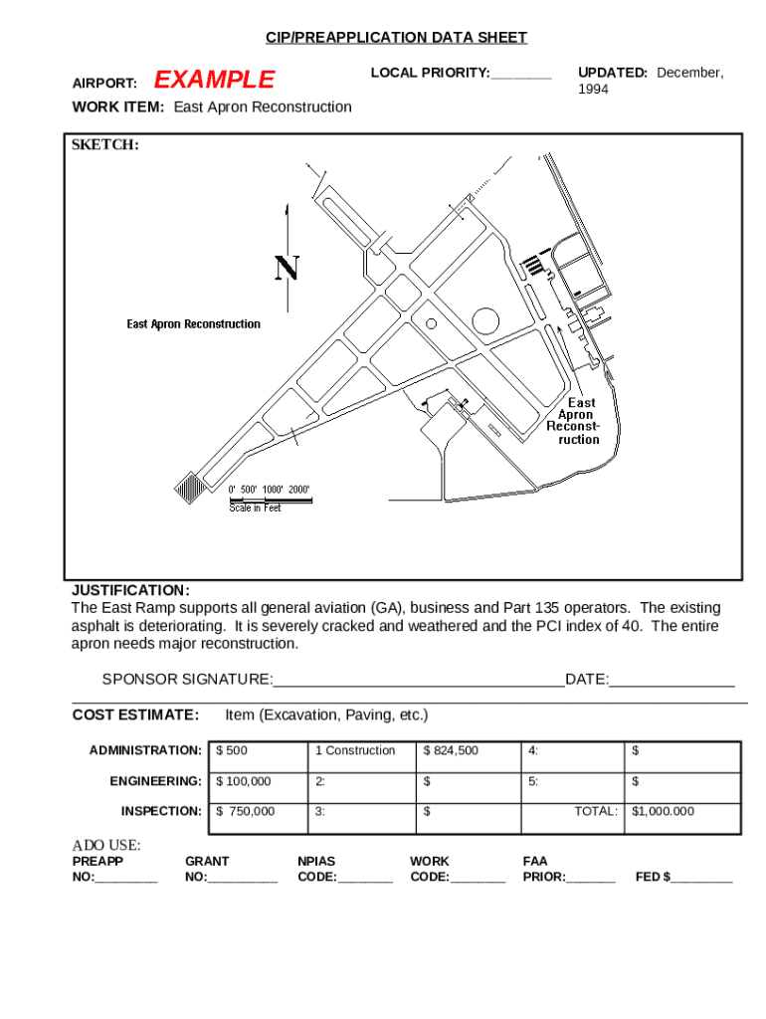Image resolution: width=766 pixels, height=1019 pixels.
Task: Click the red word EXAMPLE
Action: pos(215,80)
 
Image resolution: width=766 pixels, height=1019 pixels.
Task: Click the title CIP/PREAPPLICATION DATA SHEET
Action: pos(396,38)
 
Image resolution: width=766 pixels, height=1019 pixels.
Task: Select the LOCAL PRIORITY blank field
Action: pos(520,74)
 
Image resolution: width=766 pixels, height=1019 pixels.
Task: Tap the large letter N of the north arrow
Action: pos(287,269)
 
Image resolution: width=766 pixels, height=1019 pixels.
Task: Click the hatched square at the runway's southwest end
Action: pos(189,487)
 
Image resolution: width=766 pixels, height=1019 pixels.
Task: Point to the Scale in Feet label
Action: pos(255,509)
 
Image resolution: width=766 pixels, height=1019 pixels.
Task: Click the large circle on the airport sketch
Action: pos(485,320)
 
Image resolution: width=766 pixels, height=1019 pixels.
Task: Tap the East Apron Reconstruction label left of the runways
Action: pos(193,324)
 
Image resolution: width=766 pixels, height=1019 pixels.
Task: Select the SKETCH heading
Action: pos(104,145)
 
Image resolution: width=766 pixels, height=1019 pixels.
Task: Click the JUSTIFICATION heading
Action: pos(130,590)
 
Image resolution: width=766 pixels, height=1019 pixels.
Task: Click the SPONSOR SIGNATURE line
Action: pos(418,680)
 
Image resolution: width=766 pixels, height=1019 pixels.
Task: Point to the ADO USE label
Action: pos(106,846)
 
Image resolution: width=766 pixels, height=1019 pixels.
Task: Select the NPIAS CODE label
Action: pos(317,869)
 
